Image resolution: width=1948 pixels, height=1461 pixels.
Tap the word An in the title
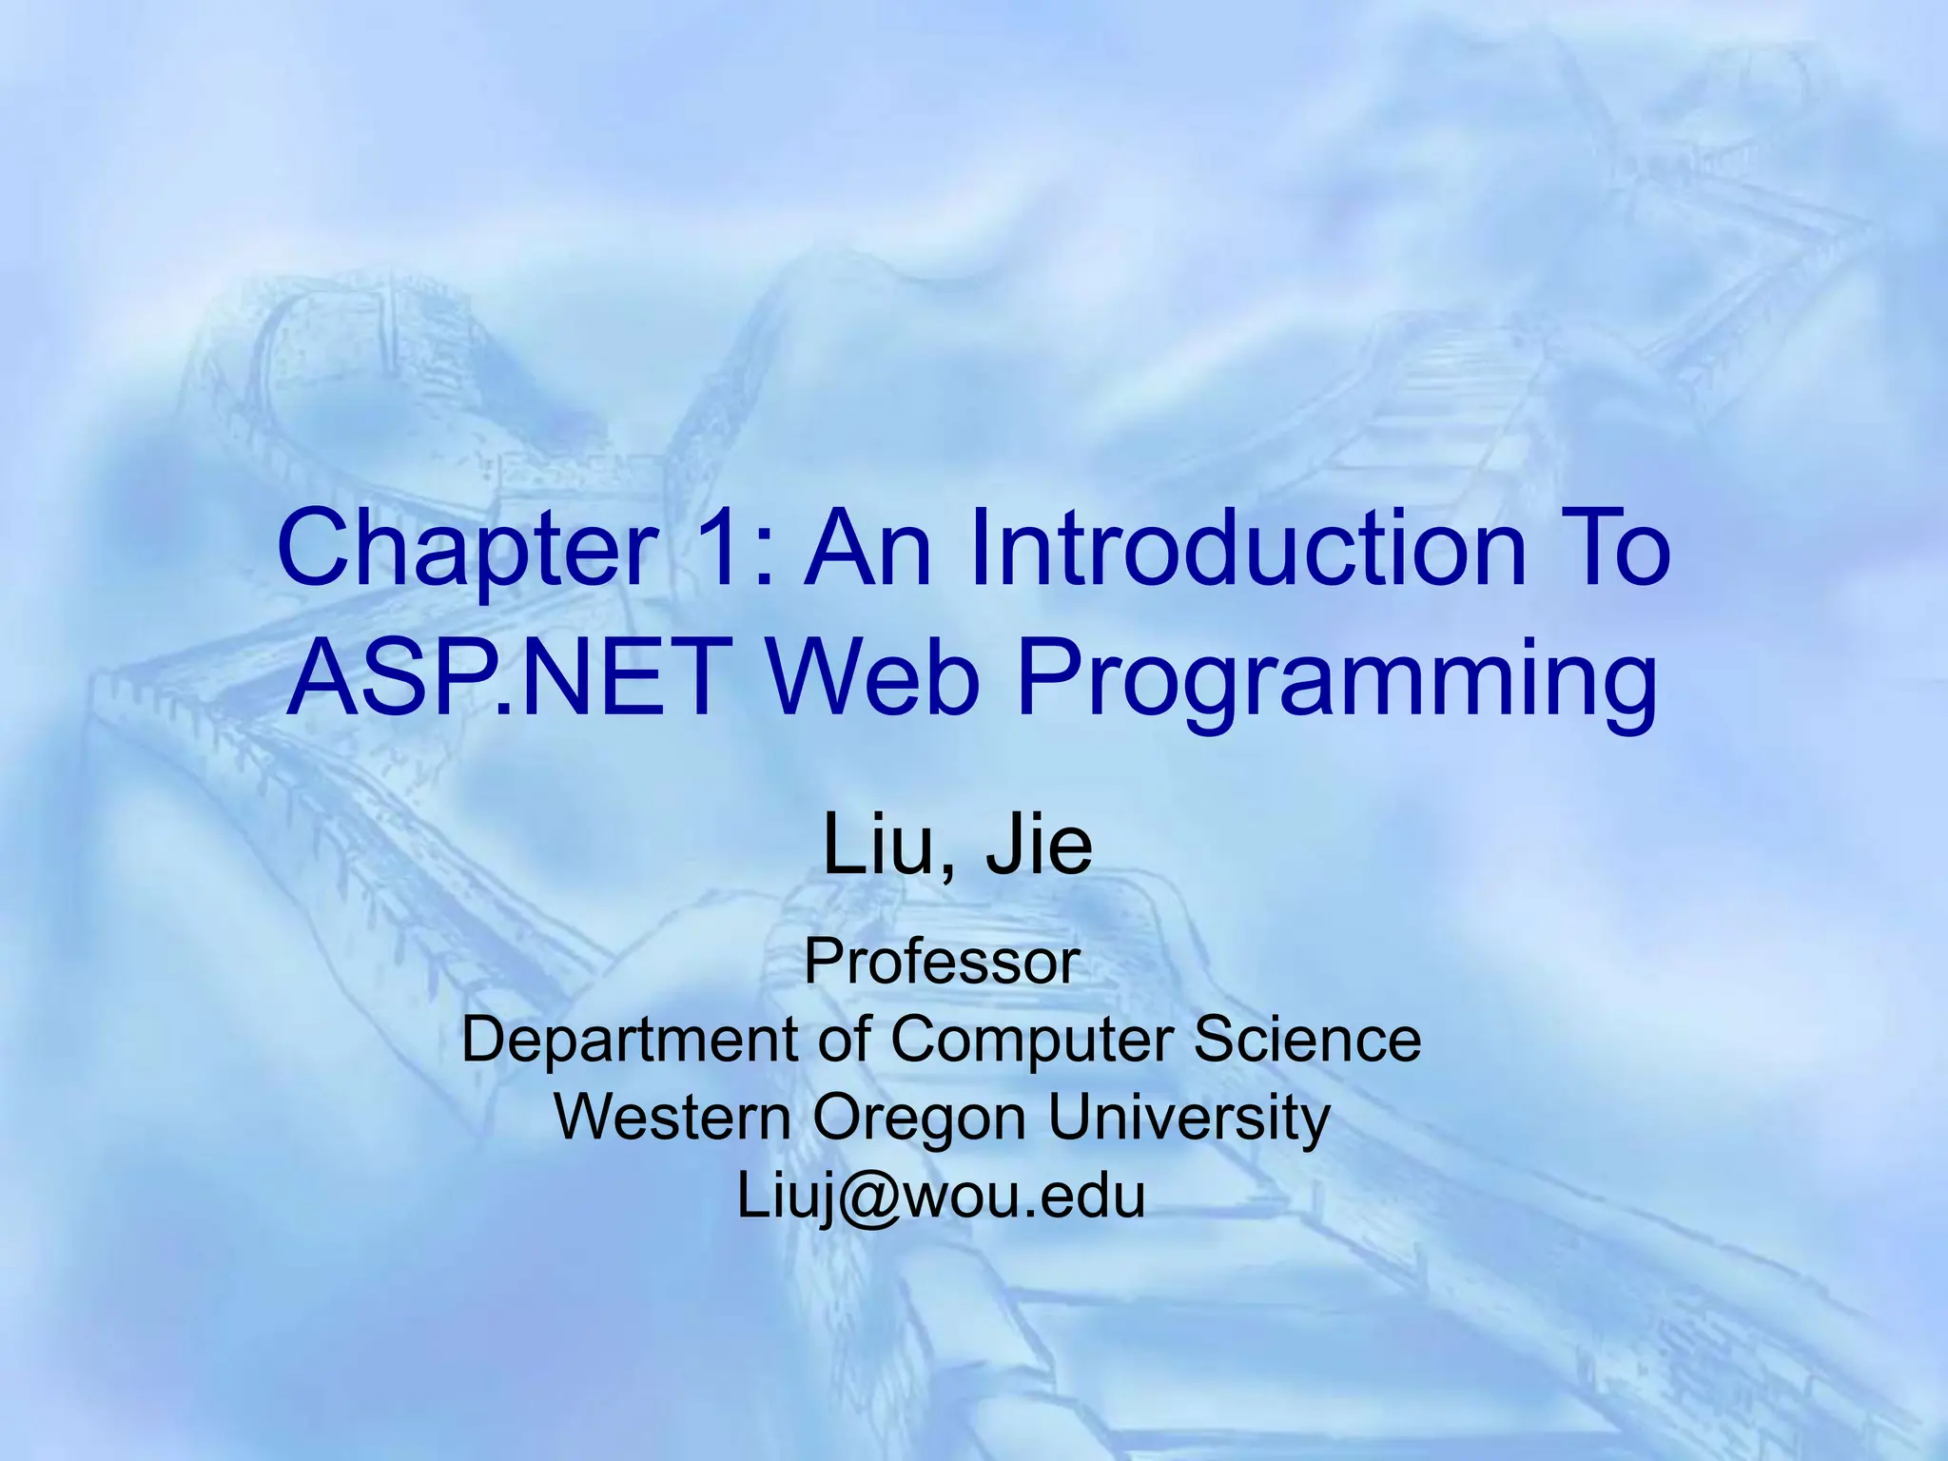coord(867,549)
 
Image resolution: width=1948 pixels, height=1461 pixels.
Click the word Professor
coord(942,962)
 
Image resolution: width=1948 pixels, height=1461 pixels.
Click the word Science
coord(1307,1038)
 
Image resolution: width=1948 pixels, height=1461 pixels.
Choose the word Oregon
coord(919,1119)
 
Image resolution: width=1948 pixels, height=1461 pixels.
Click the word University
coord(1188,1118)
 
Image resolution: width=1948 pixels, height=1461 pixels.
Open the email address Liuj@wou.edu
coord(941,1196)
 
